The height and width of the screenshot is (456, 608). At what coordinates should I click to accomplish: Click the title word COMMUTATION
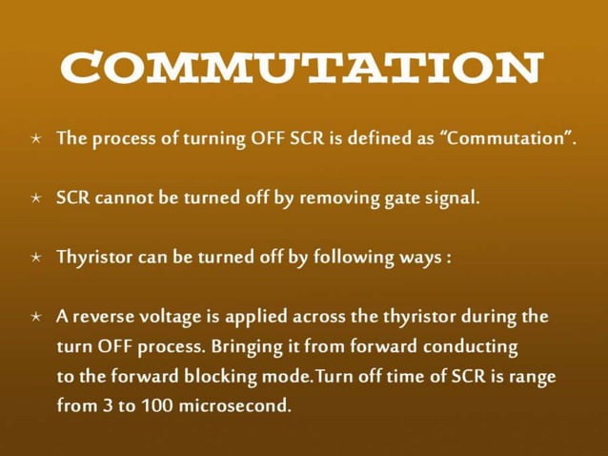303,69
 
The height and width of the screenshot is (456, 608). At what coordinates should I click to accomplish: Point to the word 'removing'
340,198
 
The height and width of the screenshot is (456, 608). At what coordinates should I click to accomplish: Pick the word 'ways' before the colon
419,259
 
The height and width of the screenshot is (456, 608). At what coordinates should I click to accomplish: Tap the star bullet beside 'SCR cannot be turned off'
36,199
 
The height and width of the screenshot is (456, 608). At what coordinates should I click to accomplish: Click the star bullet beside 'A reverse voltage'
36,317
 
